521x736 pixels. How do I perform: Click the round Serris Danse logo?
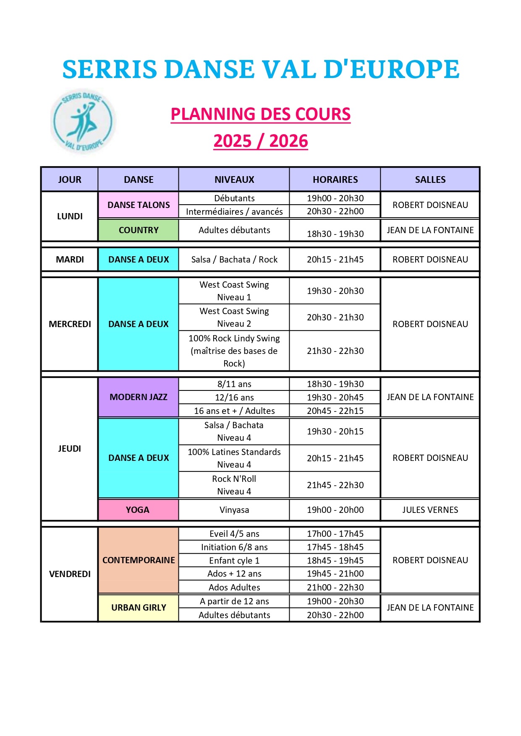click(x=83, y=121)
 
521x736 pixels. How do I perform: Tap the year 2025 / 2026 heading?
click(x=260, y=141)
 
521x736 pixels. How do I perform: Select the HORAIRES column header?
click(x=335, y=179)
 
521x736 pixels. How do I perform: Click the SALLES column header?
click(x=430, y=179)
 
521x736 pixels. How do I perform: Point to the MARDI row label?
click(x=70, y=260)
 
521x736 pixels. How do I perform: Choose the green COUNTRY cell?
click(x=139, y=230)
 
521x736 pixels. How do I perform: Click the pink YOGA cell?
click(x=138, y=510)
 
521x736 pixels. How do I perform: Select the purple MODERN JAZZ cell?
click(x=139, y=397)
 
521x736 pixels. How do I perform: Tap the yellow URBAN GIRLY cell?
click(x=139, y=608)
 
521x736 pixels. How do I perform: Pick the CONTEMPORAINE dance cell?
click(x=139, y=560)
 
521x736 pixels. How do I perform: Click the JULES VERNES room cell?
click(x=430, y=510)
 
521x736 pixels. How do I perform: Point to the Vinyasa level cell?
click(x=234, y=510)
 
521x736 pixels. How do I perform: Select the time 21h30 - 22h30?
click(x=335, y=351)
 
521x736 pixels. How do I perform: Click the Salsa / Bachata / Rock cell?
click(x=234, y=260)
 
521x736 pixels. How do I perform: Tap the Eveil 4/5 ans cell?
click(x=234, y=534)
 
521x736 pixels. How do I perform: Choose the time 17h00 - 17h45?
click(x=335, y=534)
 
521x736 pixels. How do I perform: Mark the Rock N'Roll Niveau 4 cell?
click(x=234, y=485)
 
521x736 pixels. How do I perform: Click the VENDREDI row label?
click(x=70, y=574)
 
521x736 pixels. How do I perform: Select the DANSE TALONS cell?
click(x=139, y=205)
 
